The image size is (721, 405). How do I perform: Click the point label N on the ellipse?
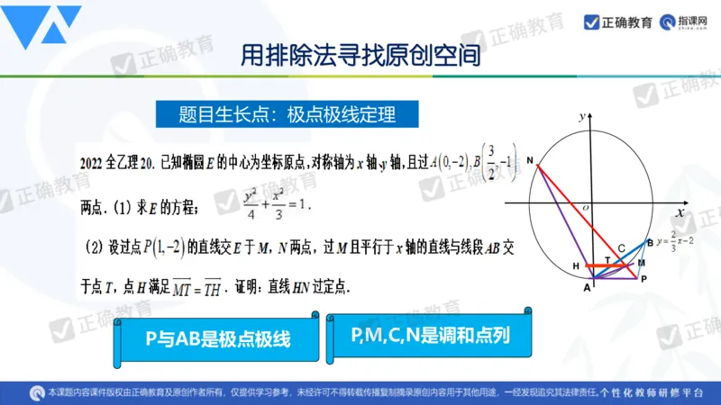pyautogui.click(x=531, y=161)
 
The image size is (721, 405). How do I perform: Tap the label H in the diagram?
pyautogui.click(x=574, y=266)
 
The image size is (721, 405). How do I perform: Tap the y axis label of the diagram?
pyautogui.click(x=584, y=114)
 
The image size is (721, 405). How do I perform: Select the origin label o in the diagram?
pyautogui.click(x=585, y=207)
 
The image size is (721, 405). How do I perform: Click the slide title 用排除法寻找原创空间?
pyautogui.click(x=360, y=56)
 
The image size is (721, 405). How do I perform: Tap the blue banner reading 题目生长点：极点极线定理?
pyautogui.click(x=276, y=114)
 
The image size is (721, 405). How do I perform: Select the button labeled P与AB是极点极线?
pyautogui.click(x=217, y=338)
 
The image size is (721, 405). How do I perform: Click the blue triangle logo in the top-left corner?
pyautogui.click(x=41, y=28)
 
